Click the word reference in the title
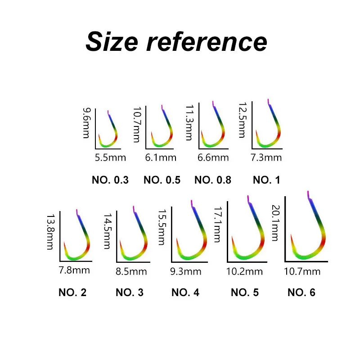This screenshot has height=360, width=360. (x=207, y=42)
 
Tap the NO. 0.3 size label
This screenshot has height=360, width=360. (x=110, y=180)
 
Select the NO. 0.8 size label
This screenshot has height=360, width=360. (x=213, y=180)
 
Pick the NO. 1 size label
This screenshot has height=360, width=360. (x=266, y=180)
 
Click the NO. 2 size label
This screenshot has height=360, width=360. (x=72, y=292)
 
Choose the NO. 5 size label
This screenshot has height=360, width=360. (x=245, y=292)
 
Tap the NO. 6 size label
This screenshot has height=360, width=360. (x=301, y=292)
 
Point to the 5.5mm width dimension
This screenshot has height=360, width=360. (x=110, y=157)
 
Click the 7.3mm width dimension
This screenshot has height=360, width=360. (x=266, y=157)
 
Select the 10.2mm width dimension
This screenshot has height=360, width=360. (x=244, y=272)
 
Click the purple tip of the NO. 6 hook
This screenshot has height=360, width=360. (x=309, y=195)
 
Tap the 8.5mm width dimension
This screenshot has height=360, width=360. (x=131, y=271)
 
